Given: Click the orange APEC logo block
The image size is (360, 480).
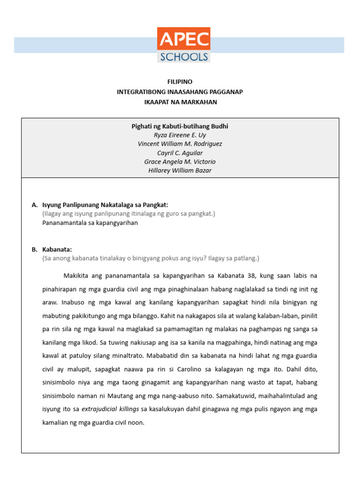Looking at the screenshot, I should [184, 39].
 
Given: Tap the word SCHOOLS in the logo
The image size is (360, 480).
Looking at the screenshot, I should [184, 57].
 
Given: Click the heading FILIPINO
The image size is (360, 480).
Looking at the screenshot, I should [180, 82].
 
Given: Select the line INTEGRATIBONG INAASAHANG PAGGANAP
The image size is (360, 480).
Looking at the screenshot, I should [180, 92].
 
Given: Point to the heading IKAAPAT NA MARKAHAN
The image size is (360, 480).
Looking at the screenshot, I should [180, 102].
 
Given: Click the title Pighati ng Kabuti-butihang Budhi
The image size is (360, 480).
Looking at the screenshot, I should [180, 126].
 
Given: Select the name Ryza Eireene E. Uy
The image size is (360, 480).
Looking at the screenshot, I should [180, 135].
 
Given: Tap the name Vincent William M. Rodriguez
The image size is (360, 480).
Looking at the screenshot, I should [180, 144].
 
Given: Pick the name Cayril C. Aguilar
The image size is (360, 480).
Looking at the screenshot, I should [180, 153].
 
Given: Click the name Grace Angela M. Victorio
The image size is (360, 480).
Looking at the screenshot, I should [180, 162].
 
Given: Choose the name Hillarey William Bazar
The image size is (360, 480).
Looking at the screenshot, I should [180, 171].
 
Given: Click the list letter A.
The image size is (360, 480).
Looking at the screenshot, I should [34, 205].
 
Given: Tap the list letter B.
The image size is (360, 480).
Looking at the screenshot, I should [34, 249].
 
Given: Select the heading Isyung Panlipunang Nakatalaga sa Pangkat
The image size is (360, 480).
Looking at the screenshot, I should [105, 205].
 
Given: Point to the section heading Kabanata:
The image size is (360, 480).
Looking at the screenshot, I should [57, 249].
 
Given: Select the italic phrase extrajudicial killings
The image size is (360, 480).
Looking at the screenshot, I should [110, 409].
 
